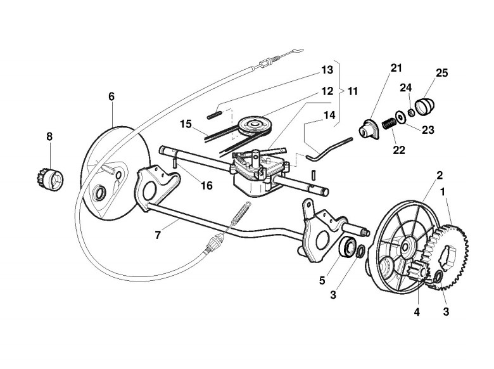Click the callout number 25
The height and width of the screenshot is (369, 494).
pyautogui.click(x=441, y=73)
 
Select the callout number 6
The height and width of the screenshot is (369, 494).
pyautogui.click(x=111, y=96)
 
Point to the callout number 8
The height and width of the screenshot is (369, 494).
pyautogui.click(x=49, y=136)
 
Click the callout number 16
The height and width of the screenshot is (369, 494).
pyautogui.click(x=206, y=185)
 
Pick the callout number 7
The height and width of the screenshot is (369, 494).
pyautogui.click(x=158, y=235)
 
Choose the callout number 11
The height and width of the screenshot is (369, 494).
pyautogui.click(x=352, y=91)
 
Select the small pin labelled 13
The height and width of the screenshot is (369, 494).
pyautogui.click(x=216, y=115)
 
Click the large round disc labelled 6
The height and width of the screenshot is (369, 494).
pyautogui.click(x=108, y=171)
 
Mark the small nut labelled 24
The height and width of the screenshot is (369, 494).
pyautogui.click(x=411, y=112)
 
